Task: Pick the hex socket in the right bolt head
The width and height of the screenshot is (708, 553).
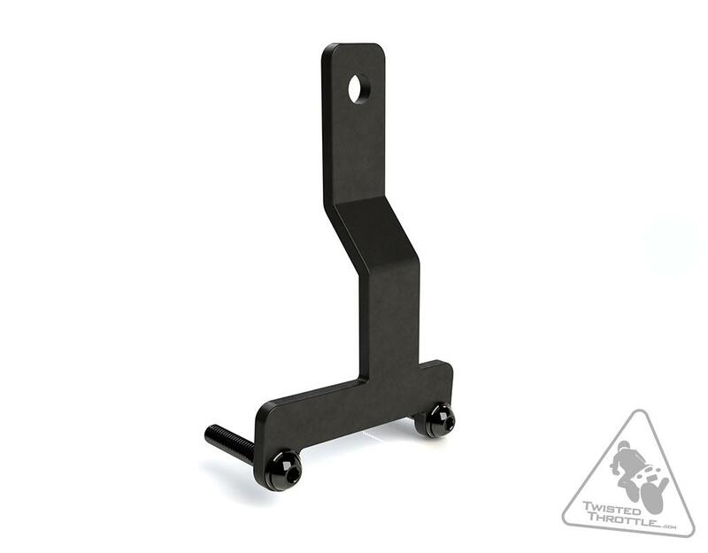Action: coord(438,419)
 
